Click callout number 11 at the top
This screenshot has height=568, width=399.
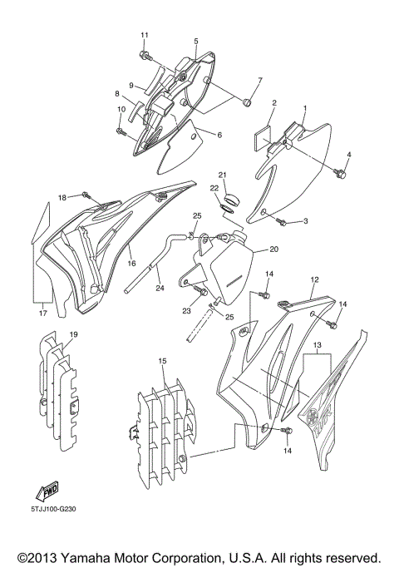(x=144, y=34)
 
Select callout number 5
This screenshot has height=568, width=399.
(x=195, y=41)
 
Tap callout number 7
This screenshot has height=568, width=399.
(x=259, y=81)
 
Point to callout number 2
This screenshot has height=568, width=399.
(x=274, y=103)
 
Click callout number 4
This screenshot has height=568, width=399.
(x=349, y=155)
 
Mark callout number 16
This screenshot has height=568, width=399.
(x=131, y=263)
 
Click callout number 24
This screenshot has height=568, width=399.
(x=160, y=289)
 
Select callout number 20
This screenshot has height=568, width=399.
(x=274, y=249)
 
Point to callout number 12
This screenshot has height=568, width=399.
(x=315, y=280)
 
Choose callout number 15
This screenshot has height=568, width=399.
(x=162, y=362)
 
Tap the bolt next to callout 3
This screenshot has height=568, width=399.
(x=283, y=222)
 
